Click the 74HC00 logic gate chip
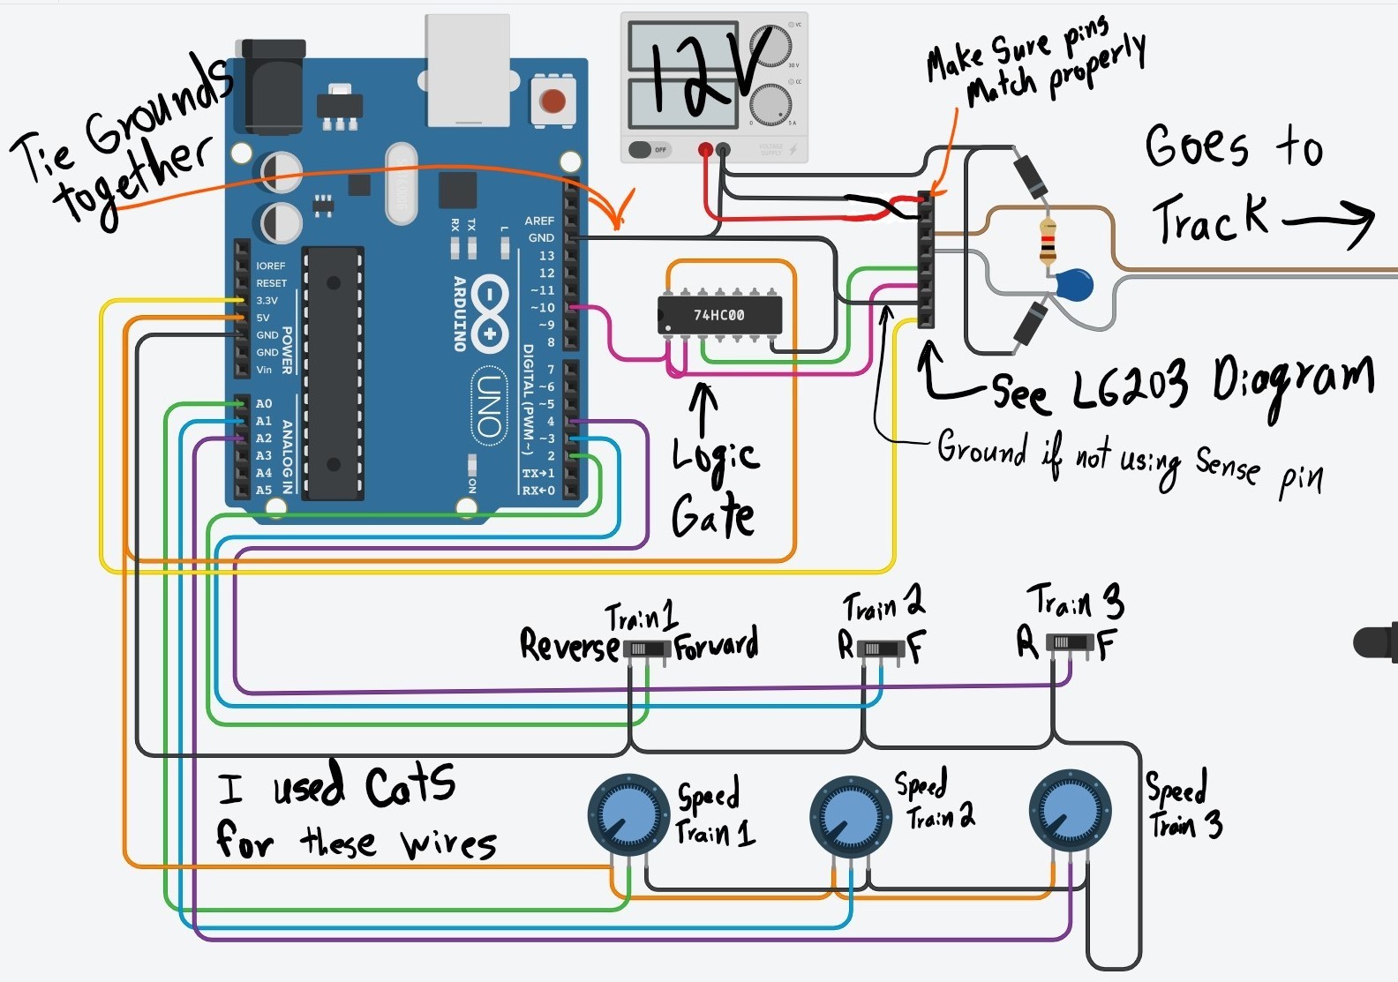[x=719, y=315]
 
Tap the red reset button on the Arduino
[x=552, y=101]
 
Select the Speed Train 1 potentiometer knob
[x=628, y=815]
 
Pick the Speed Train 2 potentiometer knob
[x=849, y=816]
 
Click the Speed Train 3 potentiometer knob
[x=1070, y=811]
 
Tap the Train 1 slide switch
[x=647, y=650]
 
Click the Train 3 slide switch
[x=1070, y=643]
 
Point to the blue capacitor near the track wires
[x=1073, y=285]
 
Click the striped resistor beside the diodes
[x=1048, y=241]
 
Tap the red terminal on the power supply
[x=705, y=150]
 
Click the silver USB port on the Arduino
[x=468, y=71]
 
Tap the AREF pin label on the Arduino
[x=539, y=221]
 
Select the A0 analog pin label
[x=264, y=403]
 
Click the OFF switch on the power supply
[x=649, y=150]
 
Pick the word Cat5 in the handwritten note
[x=410, y=785]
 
